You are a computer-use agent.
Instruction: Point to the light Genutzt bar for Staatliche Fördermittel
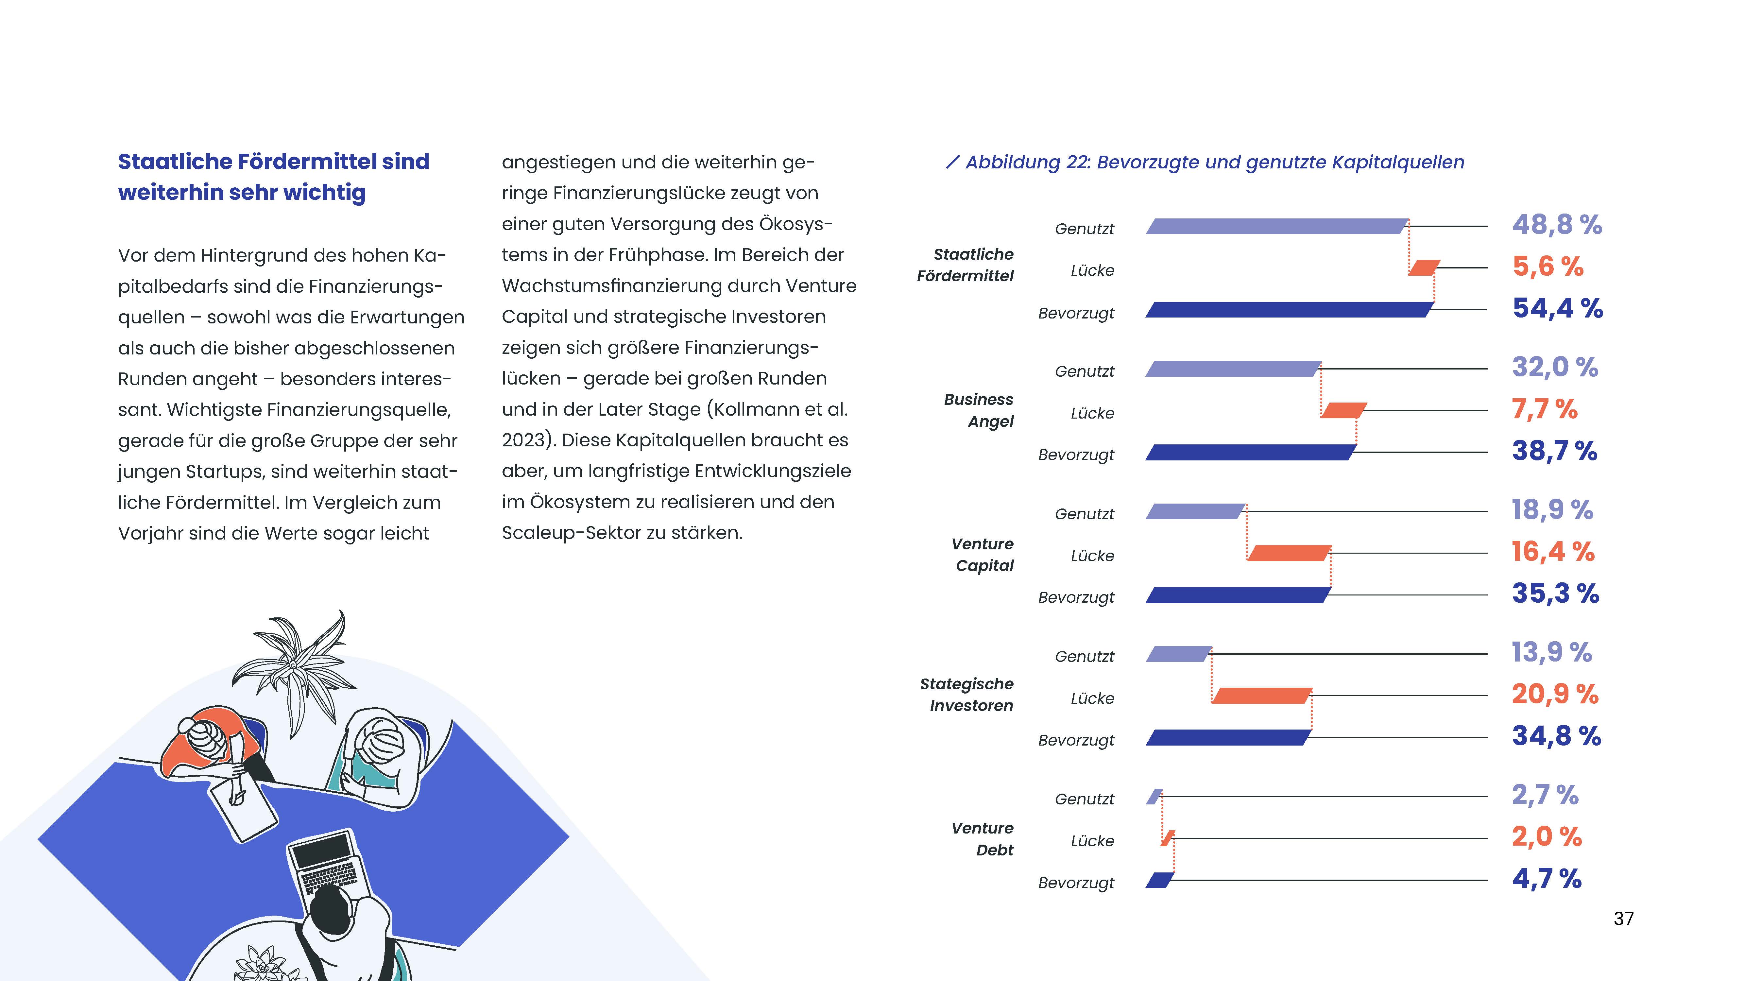(x=1277, y=226)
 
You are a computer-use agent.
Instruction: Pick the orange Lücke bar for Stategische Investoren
(x=1261, y=696)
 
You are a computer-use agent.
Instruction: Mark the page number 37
(x=1623, y=919)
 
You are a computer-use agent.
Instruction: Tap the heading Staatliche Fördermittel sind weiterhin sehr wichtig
(x=274, y=177)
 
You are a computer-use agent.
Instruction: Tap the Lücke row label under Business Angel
(x=1092, y=414)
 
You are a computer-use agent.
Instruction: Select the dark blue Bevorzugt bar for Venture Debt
(x=1159, y=880)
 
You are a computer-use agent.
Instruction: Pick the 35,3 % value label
(x=1555, y=594)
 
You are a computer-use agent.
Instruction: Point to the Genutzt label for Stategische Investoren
(x=1084, y=657)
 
